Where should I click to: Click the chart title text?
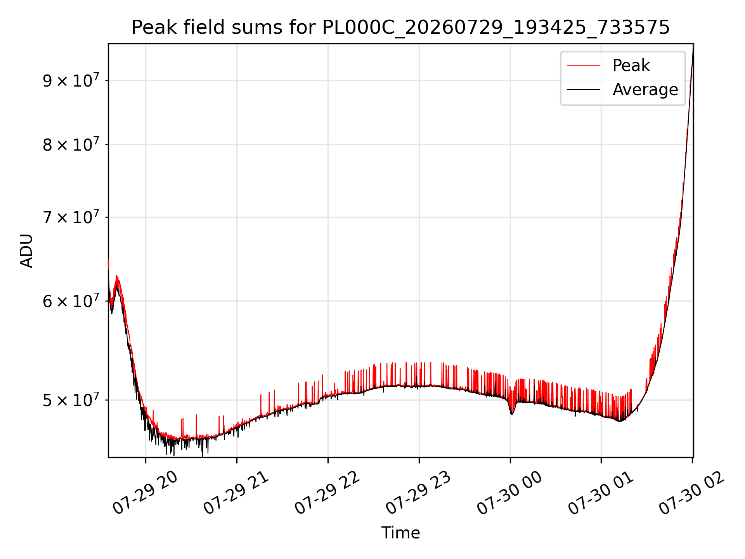point(400,28)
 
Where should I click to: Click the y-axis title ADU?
point(26,251)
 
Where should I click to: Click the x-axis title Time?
point(400,533)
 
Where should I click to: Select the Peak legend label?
point(631,65)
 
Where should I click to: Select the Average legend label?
point(645,90)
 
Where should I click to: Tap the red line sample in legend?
point(583,65)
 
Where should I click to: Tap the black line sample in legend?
point(583,90)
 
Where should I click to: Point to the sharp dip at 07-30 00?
point(512,413)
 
